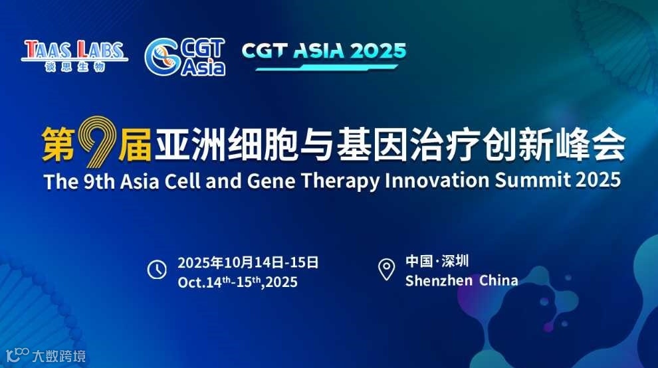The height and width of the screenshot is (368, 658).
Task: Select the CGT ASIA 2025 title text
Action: [324, 50]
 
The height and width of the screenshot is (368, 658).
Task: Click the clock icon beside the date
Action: [157, 270]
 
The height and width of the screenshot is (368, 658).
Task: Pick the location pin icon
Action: [387, 269]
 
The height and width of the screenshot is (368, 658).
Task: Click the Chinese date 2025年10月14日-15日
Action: [248, 262]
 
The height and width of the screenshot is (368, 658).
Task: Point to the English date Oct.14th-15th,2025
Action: [237, 282]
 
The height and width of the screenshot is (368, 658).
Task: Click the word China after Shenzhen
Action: [498, 280]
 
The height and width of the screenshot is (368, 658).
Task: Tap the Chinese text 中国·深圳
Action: [437, 261]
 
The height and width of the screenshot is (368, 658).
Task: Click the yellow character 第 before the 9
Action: [58, 144]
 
